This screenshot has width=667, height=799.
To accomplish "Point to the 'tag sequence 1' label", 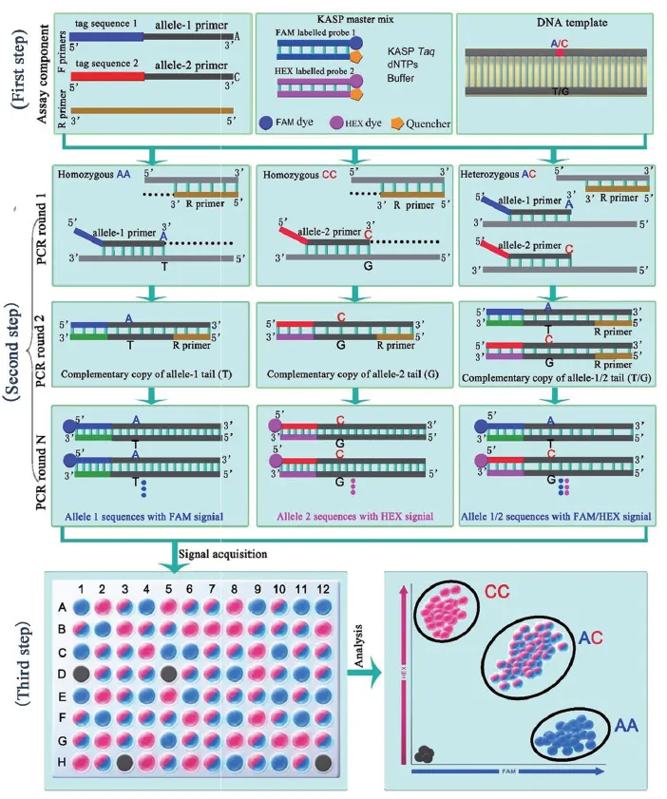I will [100, 24].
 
